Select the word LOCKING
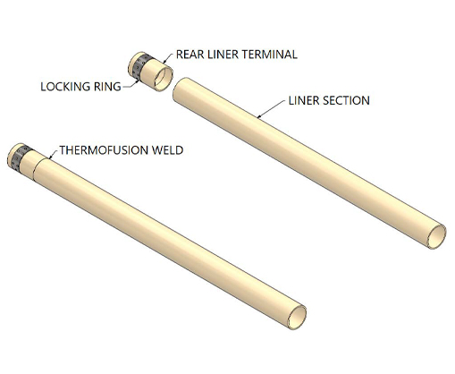[x=65, y=87]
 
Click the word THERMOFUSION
[x=104, y=150]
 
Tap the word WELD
[x=167, y=150]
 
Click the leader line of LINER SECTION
[x=272, y=109]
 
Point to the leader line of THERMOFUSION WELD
[x=54, y=154]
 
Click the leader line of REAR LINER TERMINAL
[x=168, y=58]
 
